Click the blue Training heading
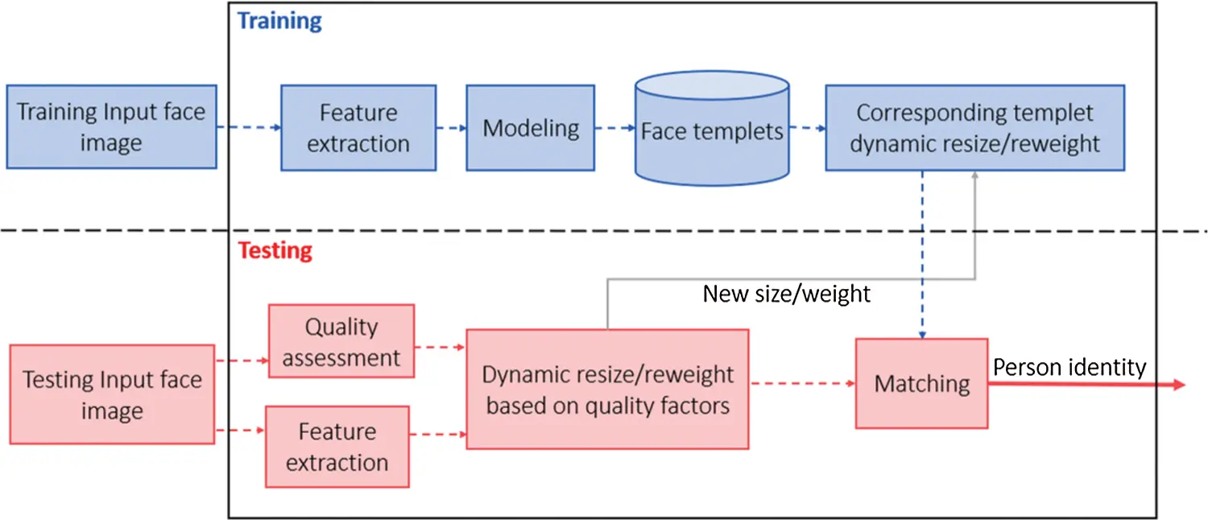[279, 20]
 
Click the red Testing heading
[275, 250]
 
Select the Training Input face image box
[111, 127]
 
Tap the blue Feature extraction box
[358, 128]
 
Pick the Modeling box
[531, 128]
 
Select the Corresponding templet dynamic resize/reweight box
[974, 128]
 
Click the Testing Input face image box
[112, 394]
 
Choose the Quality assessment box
[341, 341]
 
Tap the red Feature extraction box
[337, 447]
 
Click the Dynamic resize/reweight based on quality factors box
[607, 389]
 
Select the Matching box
[921, 383]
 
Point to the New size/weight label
[786, 294]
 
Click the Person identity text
[1069, 368]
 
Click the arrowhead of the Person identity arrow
[1179, 385]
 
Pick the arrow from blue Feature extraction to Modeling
[451, 128]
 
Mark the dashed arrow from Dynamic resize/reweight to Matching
[801, 384]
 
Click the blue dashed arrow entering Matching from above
[921, 258]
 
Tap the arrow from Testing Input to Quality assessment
[242, 361]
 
